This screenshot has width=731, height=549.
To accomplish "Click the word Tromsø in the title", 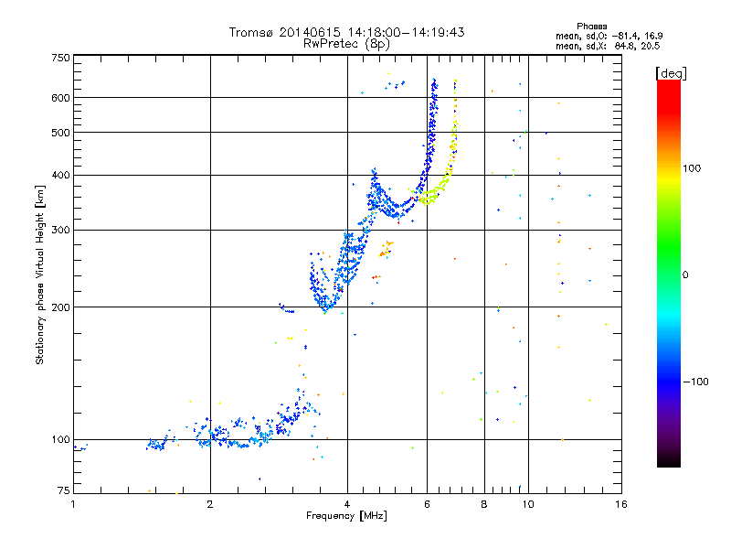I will point(251,32).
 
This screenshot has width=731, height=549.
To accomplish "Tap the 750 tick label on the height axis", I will point(60,58).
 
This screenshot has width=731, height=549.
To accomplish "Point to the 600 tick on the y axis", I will point(60,98).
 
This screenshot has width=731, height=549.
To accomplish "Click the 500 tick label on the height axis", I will point(60,133).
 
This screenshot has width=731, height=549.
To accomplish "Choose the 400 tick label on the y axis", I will point(60,175).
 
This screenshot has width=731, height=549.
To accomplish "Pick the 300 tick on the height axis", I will point(60,230).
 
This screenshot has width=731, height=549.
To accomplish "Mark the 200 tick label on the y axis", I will point(60,307).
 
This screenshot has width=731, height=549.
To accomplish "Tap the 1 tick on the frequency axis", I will point(74,504).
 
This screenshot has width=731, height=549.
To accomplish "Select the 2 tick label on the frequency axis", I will point(210,504).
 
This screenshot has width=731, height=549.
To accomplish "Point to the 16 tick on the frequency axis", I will point(620,504).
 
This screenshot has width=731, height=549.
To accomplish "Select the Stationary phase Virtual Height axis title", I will point(40,274).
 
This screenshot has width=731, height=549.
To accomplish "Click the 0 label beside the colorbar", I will point(685,274).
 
